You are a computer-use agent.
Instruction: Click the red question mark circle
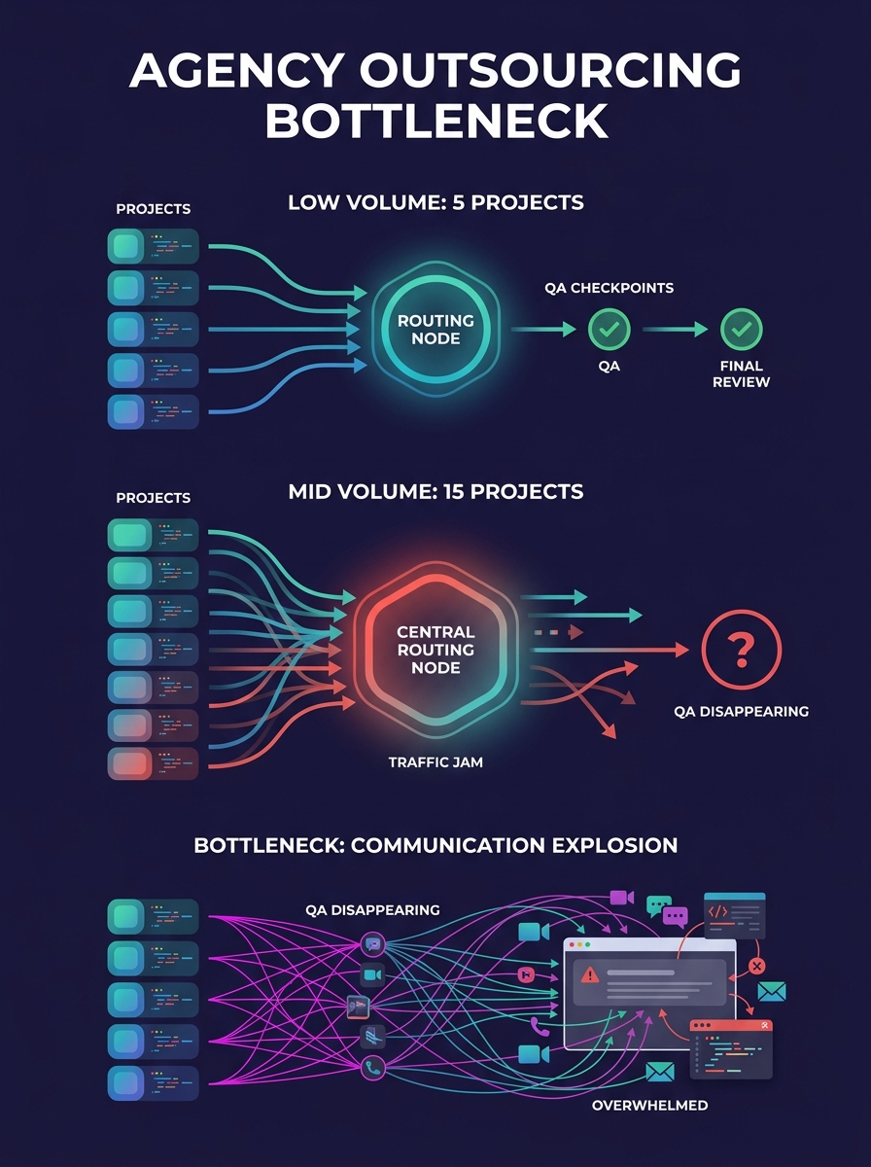(x=741, y=649)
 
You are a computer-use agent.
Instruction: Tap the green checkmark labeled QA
(x=610, y=330)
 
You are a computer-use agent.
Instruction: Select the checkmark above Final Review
(x=741, y=330)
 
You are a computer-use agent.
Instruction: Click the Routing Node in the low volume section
(x=435, y=329)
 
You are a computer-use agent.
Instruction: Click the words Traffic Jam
(x=435, y=762)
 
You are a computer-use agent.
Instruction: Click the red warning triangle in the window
(x=589, y=974)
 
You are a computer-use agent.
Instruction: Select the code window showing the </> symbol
(x=734, y=915)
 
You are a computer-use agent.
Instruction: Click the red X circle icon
(x=758, y=966)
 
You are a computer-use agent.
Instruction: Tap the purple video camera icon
(x=621, y=897)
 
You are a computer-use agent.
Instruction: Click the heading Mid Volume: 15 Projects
(x=435, y=491)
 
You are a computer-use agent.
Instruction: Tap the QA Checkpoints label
(x=610, y=288)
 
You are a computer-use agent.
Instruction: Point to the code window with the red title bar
(x=731, y=1048)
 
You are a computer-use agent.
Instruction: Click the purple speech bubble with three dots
(x=675, y=916)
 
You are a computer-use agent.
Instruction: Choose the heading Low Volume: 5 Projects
(x=435, y=203)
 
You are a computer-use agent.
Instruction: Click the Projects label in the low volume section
(x=153, y=209)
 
